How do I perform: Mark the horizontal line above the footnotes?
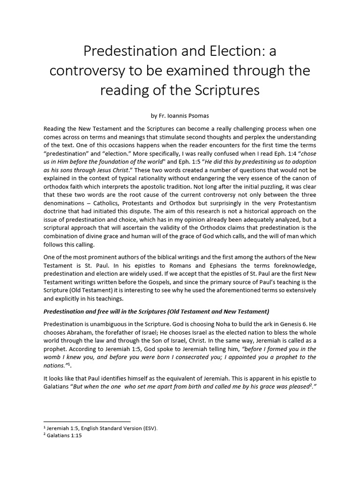tap(87, 421)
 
